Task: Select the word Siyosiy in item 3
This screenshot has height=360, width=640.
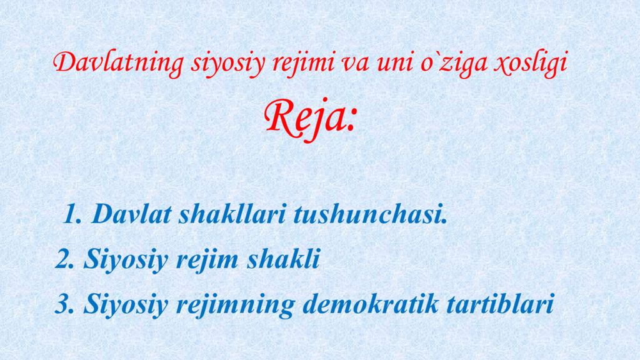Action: pyautogui.click(x=124, y=305)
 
